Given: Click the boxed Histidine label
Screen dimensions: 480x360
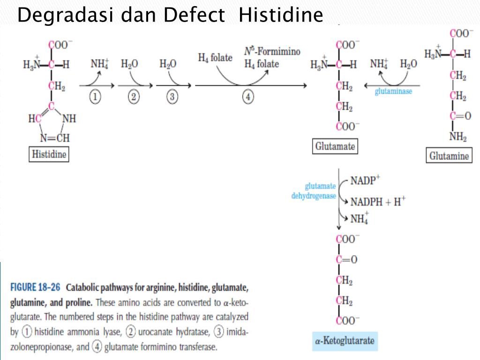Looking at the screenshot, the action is point(49,154).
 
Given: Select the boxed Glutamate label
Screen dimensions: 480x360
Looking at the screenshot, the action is point(335,146).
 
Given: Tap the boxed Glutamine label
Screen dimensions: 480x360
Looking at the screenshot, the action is point(449,156).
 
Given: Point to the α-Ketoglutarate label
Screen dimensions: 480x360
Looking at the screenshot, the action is point(345,340).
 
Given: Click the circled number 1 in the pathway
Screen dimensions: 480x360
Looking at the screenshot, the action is point(95,97).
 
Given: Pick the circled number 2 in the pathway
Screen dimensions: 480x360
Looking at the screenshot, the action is point(134,97).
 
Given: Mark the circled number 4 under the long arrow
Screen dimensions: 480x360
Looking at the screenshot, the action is point(248,97).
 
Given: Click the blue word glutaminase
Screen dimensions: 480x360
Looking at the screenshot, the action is point(393,91).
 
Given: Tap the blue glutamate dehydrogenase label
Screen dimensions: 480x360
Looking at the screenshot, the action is point(314,191).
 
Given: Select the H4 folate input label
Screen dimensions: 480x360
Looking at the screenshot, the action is point(215,58).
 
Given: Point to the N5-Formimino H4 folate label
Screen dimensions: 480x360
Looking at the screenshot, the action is point(272,57).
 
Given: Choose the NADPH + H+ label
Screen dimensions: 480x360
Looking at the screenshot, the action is point(378,202).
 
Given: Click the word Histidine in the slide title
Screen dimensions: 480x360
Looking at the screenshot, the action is point(280,15).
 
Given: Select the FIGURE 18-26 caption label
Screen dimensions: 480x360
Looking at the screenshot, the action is point(36,287).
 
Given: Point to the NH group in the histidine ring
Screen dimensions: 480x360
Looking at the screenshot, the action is point(68,119).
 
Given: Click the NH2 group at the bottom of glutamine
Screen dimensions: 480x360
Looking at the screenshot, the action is point(457,137).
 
